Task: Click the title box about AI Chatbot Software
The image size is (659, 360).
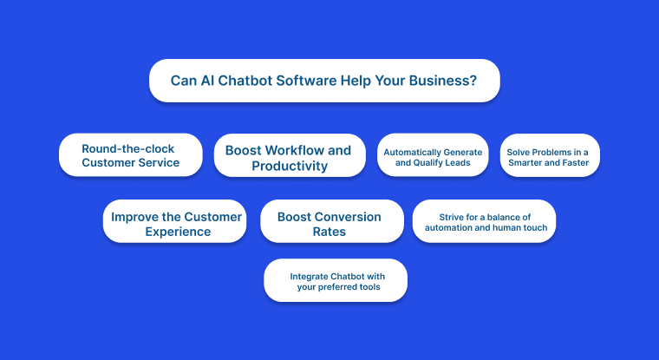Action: tap(324, 81)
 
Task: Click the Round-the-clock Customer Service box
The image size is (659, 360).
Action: tap(130, 155)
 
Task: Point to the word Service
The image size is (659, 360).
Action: tap(157, 162)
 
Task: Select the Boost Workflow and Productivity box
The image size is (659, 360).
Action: tap(289, 157)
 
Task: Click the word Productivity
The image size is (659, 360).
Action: tap(290, 166)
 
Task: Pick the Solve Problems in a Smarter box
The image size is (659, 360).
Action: tap(549, 156)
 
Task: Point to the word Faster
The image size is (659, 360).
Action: tap(572, 162)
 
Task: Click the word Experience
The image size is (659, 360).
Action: tap(177, 232)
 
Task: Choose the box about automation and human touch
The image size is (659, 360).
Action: tap(484, 220)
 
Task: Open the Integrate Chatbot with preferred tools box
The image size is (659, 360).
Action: tap(335, 281)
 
